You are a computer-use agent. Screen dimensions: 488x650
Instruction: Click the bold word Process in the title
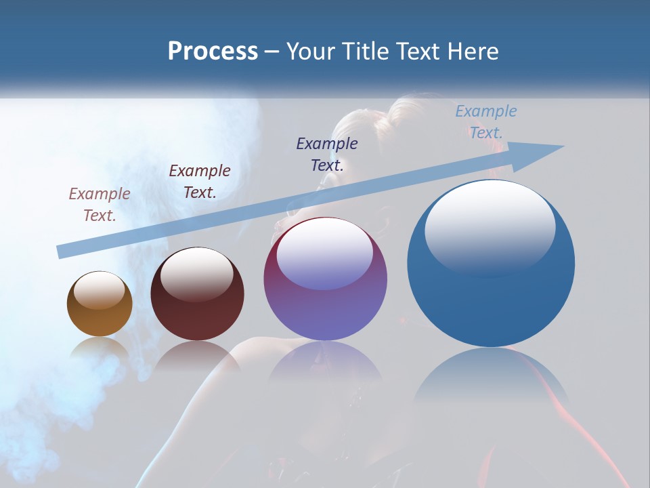(213, 52)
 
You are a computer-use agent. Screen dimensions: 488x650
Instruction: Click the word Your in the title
(311, 52)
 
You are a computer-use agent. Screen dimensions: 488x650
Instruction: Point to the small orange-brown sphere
(100, 304)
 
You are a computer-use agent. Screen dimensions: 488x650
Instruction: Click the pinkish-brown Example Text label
(100, 204)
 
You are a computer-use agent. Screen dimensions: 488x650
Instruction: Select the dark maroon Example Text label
(200, 181)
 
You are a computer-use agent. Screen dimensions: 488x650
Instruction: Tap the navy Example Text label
(327, 154)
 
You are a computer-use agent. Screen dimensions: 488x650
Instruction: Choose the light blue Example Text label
(486, 122)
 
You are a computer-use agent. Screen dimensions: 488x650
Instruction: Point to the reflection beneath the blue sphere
(491, 380)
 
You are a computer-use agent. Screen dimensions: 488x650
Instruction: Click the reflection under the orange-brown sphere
(100, 349)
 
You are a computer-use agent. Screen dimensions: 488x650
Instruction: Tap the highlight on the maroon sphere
(196, 273)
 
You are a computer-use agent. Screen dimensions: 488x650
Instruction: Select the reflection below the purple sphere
(325, 363)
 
